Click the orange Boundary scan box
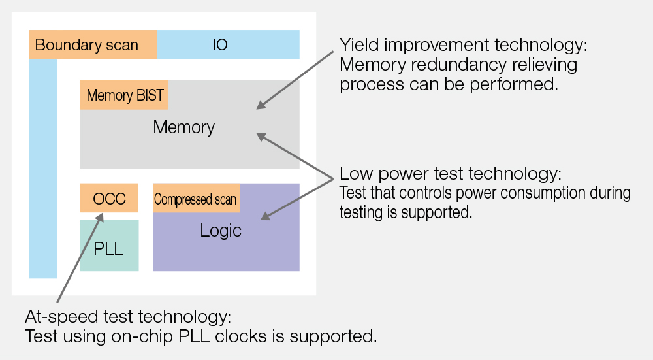[x=93, y=44]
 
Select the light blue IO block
[x=228, y=44]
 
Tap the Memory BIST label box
[x=124, y=95]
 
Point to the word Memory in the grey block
[x=183, y=127]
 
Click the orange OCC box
[x=109, y=198]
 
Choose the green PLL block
[x=109, y=246]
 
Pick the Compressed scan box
[x=196, y=198]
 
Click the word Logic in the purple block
[x=220, y=231]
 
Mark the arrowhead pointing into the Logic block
[x=266, y=216]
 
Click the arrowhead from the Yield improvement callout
[x=261, y=105]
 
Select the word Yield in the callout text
[x=359, y=45]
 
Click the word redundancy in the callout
[x=458, y=65]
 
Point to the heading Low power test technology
[x=451, y=173]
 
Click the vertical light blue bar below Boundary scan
[x=43, y=169]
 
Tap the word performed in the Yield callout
[x=514, y=84]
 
